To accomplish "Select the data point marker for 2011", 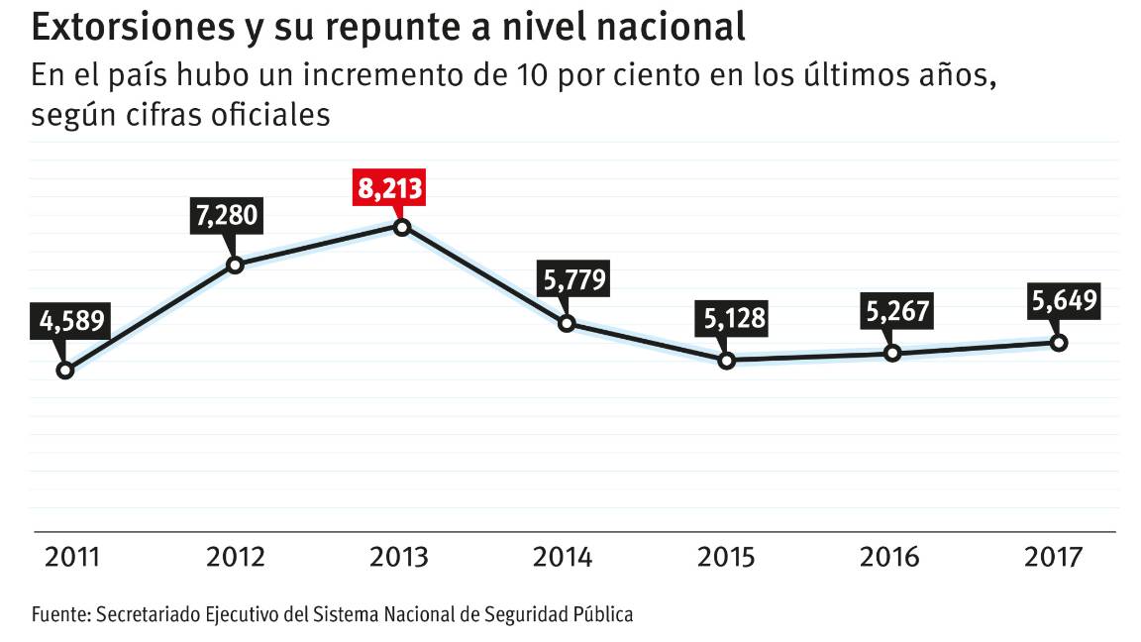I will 65,371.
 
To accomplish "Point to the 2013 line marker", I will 401,228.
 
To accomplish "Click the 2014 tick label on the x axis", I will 562,557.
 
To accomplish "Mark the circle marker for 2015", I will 726,361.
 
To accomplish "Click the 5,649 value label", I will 1065,301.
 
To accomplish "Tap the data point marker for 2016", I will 892,353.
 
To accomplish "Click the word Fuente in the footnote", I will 59,614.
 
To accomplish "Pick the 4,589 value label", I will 71,324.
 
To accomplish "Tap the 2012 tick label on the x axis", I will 235,557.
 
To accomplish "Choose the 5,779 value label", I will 571,280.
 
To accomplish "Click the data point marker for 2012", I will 236,265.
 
